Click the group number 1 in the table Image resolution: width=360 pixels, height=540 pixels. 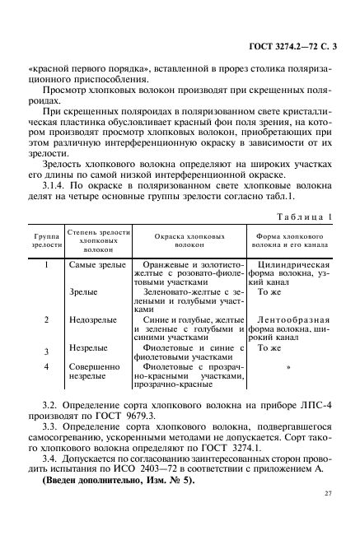pos(47,265)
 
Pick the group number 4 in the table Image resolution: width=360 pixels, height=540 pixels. pos(47,365)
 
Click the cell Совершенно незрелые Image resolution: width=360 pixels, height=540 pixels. pos(95,371)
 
